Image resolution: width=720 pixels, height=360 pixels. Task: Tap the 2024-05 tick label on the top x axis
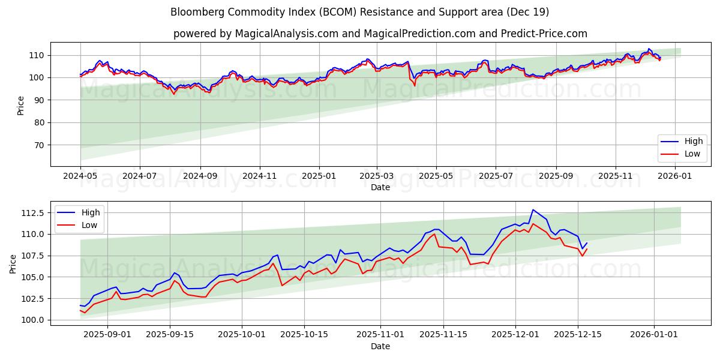tap(80, 176)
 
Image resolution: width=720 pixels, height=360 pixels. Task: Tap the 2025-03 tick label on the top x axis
tap(377, 176)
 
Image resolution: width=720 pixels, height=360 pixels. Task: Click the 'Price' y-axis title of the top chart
tap(21, 104)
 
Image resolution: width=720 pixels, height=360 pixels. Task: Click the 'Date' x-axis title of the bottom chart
tap(380, 346)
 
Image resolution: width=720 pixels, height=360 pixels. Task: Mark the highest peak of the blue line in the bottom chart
tap(533, 209)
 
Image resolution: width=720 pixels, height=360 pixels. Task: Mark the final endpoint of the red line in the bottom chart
tap(586, 249)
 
